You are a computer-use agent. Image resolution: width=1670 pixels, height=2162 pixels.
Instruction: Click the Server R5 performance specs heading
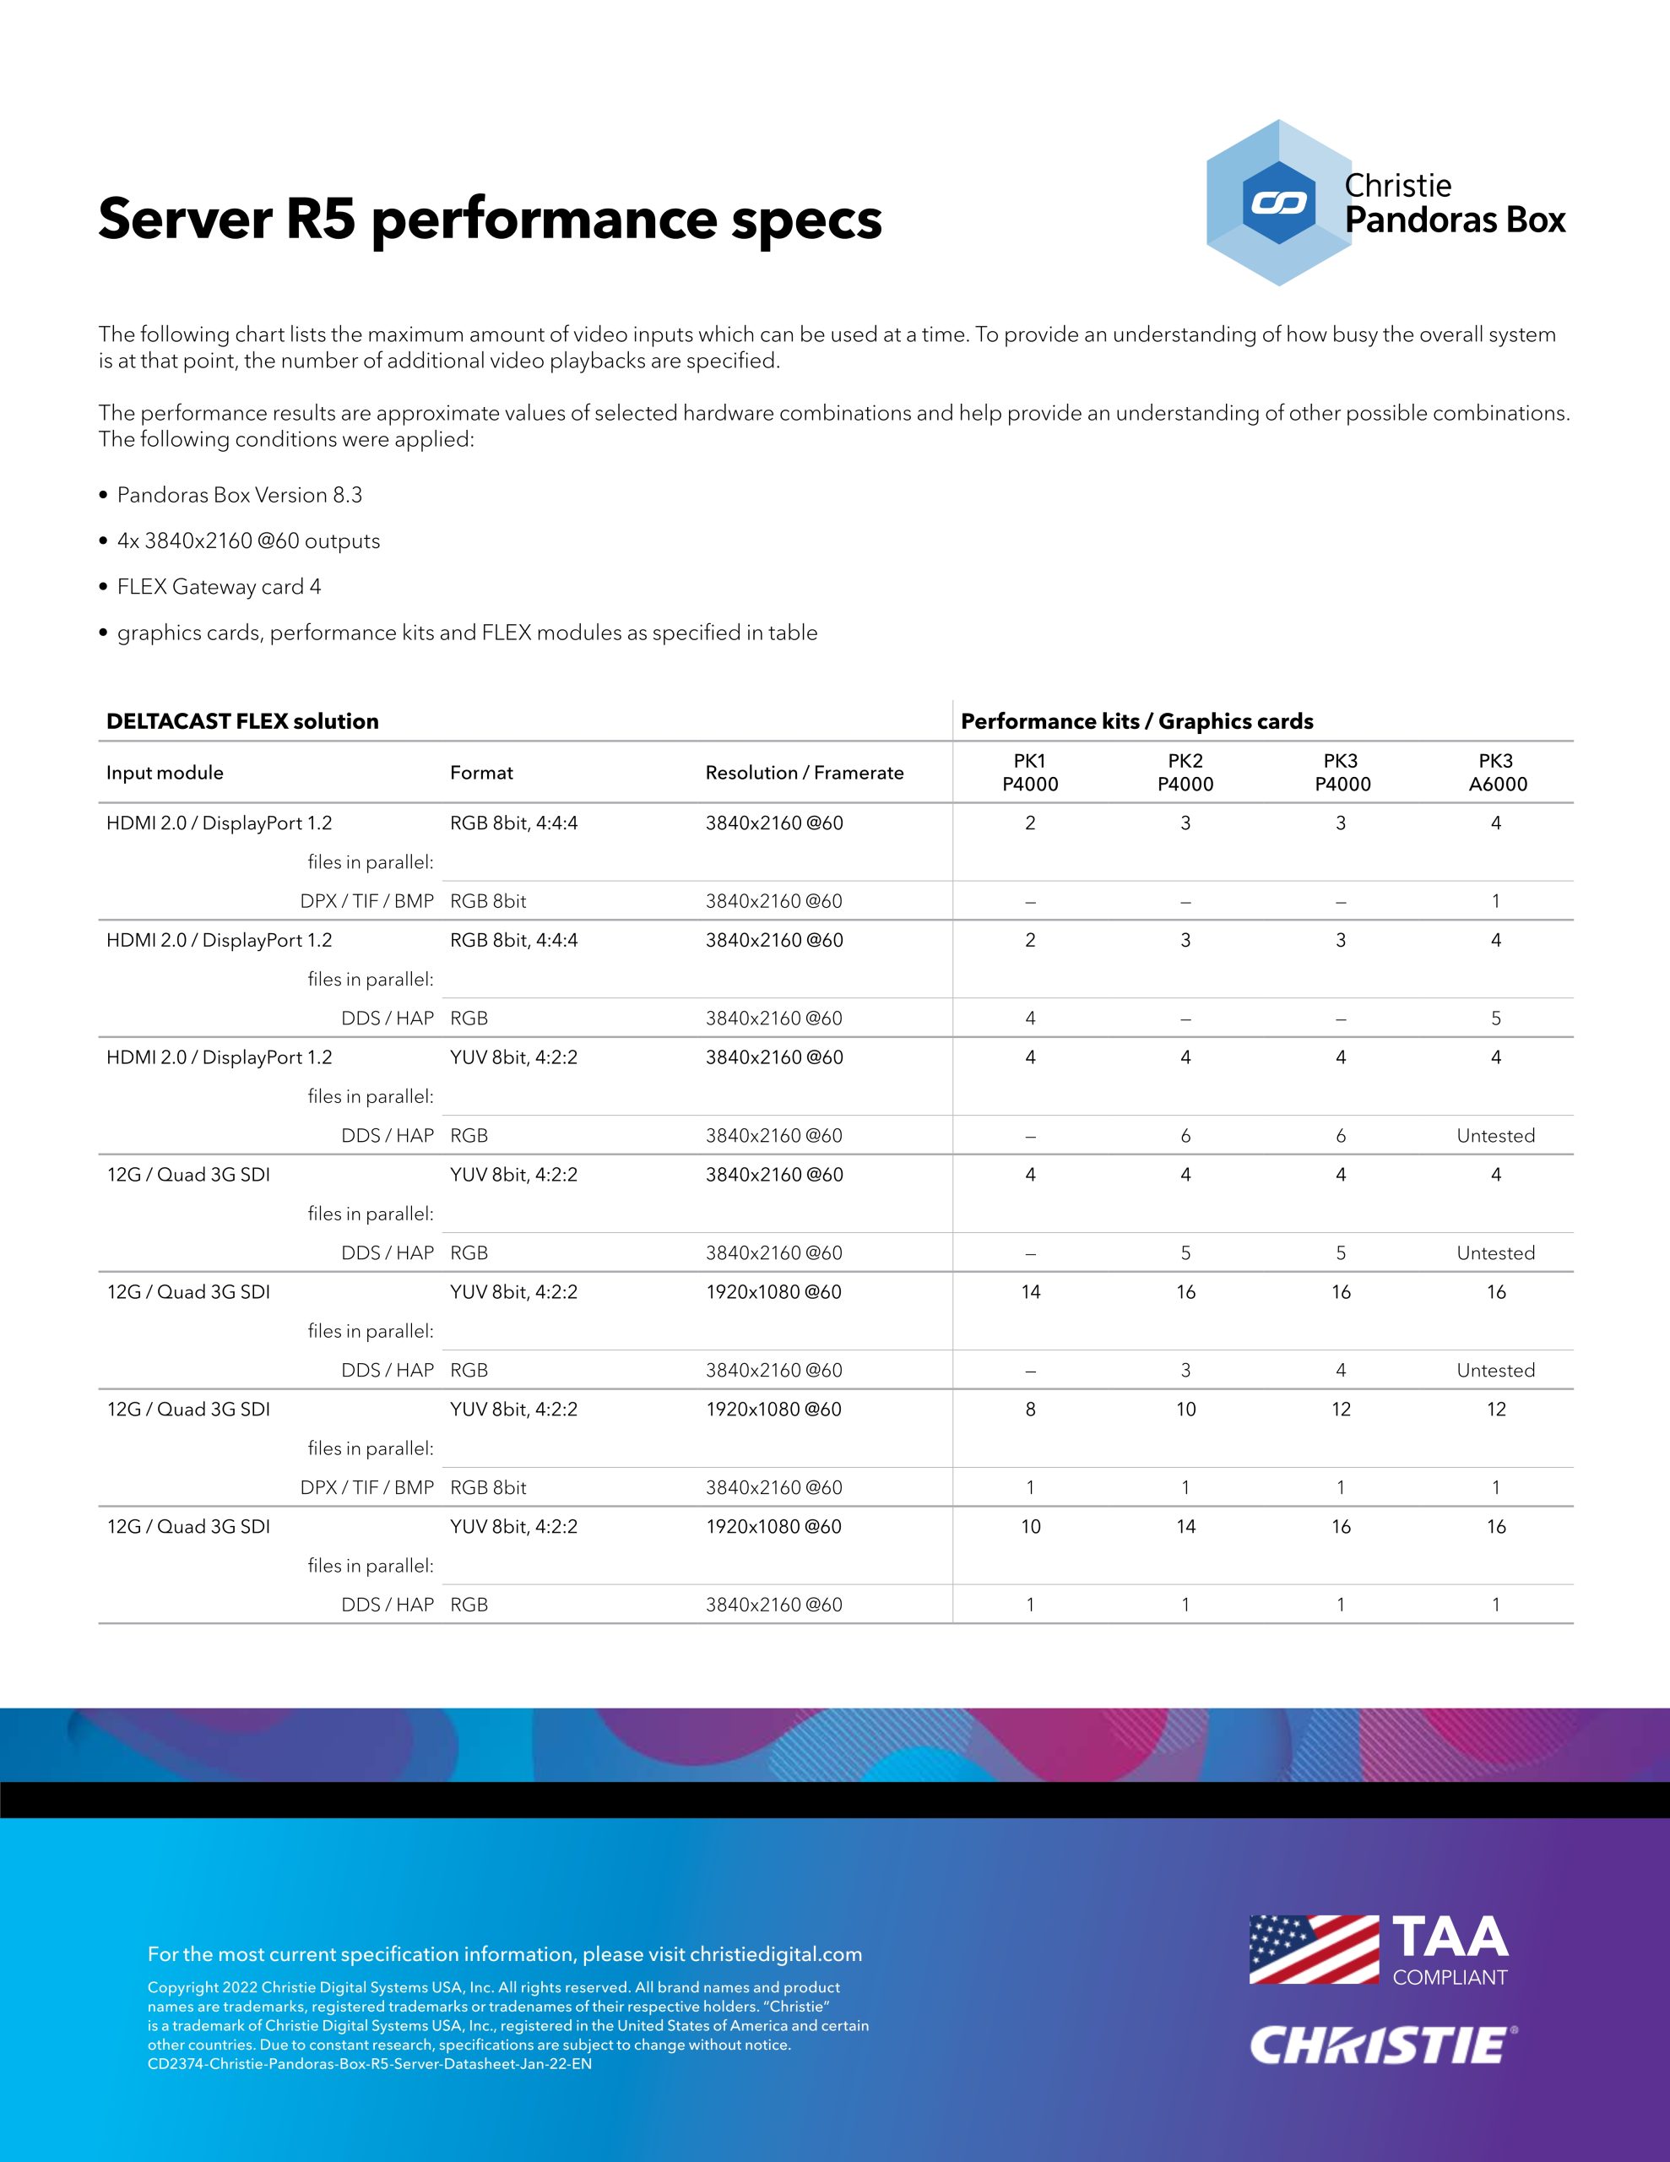489,219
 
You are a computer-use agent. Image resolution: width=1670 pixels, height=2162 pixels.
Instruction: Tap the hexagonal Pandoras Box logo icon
1278,203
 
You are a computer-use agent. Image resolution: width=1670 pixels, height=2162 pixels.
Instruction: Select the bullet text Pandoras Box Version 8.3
240,495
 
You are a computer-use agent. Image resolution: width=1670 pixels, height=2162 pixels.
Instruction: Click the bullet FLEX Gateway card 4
219,587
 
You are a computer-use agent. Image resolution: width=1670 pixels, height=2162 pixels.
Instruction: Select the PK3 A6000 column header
1497,772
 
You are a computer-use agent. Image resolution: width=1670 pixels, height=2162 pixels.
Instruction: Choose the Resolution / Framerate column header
804,773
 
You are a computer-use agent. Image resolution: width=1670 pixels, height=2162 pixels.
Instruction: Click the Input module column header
165,773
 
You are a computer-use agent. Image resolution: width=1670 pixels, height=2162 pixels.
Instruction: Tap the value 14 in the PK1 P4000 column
1031,1292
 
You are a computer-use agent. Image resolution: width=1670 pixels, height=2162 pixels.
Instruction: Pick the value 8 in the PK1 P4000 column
1031,1410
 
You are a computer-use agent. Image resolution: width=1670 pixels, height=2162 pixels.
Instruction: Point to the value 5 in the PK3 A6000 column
1496,1019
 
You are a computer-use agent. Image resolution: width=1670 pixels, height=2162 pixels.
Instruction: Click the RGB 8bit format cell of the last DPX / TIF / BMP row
488,1488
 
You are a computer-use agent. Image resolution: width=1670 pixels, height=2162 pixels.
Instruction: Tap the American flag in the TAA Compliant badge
1314,1949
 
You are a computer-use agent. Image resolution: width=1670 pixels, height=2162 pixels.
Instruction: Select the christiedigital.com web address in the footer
776,1954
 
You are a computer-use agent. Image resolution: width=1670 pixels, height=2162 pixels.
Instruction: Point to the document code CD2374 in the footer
369,2064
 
